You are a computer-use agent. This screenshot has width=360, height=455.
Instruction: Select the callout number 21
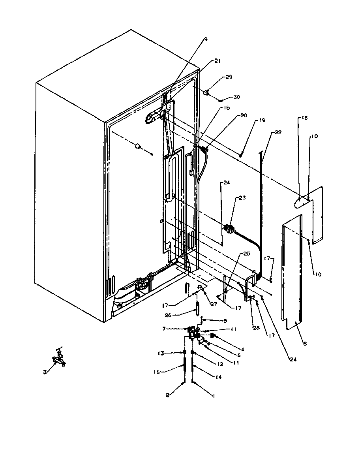217,61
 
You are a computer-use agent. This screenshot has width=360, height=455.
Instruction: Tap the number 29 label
229,77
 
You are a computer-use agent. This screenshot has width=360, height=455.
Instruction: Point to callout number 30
236,97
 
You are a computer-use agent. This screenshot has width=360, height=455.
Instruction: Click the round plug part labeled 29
206,93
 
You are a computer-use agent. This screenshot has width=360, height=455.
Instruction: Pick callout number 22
278,132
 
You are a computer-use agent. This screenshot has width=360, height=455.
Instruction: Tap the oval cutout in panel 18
302,202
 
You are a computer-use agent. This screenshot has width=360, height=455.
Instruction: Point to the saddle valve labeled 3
58,360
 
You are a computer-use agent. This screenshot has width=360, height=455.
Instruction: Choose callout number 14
217,377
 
